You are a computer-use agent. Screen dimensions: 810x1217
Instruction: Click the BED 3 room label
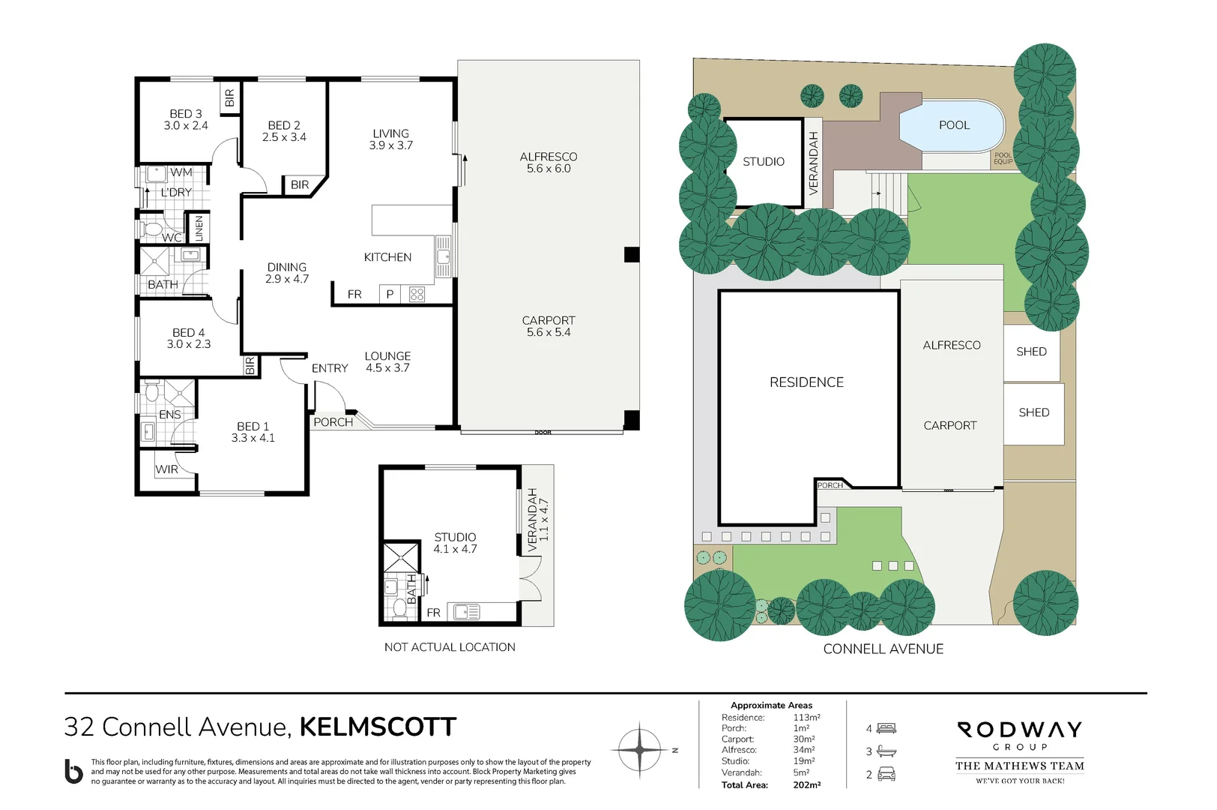click(x=186, y=120)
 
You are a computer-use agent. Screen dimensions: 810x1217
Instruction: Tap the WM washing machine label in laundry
click(x=181, y=172)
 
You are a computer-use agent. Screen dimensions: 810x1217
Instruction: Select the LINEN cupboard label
click(x=199, y=229)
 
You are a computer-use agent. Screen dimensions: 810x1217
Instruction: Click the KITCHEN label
click(x=387, y=257)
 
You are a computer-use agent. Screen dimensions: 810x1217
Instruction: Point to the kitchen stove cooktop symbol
click(x=417, y=295)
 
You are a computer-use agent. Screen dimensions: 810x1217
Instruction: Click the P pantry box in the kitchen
click(x=390, y=295)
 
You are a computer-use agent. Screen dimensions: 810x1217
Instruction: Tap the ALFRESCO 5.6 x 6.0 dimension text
click(x=549, y=163)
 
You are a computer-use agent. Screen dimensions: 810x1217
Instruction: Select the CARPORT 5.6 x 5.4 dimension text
click(x=549, y=326)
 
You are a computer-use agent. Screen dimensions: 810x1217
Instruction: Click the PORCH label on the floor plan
click(x=333, y=422)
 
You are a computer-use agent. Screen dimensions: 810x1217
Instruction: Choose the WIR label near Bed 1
click(x=167, y=469)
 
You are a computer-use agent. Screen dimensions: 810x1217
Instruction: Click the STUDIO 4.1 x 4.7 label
click(x=455, y=543)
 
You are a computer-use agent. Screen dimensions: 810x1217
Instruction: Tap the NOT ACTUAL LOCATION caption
click(x=450, y=647)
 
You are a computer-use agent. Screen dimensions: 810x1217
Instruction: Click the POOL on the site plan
click(x=953, y=125)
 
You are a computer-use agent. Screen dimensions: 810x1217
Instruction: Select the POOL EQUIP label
click(x=1003, y=159)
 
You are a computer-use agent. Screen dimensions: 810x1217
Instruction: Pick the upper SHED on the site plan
click(x=1031, y=352)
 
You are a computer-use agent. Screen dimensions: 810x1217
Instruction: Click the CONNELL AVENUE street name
click(x=883, y=649)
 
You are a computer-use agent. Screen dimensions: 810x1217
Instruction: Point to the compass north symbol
click(x=639, y=749)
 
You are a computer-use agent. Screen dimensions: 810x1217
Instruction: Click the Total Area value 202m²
click(x=806, y=785)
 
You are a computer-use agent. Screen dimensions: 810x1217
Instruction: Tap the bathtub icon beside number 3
click(x=887, y=751)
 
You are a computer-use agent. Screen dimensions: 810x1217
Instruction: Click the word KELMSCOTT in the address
click(x=378, y=727)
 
